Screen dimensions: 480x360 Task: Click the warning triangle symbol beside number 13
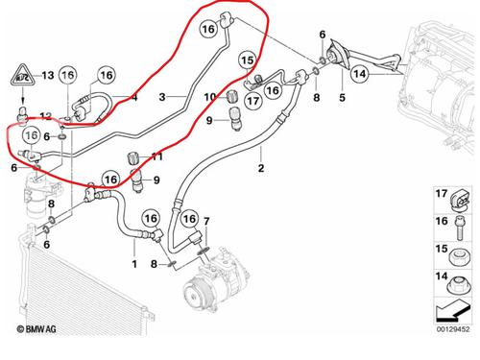pos(22,76)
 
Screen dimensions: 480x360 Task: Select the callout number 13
pos(48,76)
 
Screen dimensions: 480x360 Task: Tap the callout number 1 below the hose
pos(134,264)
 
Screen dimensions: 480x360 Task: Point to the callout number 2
pos(261,168)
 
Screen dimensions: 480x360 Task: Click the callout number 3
pos(162,97)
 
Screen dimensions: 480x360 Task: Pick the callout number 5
pos(342,97)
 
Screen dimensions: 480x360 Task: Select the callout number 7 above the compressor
pos(206,221)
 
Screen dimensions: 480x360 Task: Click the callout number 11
pos(156,156)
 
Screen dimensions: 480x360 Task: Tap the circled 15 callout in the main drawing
pos(248,60)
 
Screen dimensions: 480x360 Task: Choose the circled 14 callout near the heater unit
pos(359,74)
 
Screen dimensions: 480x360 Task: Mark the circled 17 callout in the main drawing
pos(252,101)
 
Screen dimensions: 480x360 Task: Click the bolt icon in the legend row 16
pos(460,228)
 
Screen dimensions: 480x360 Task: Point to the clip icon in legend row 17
pos(461,200)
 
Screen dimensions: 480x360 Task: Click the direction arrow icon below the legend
pos(452,310)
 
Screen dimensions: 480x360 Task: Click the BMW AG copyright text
pos(36,329)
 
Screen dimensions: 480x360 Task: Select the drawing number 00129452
pos(453,329)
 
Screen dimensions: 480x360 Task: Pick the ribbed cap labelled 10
pos(231,97)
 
